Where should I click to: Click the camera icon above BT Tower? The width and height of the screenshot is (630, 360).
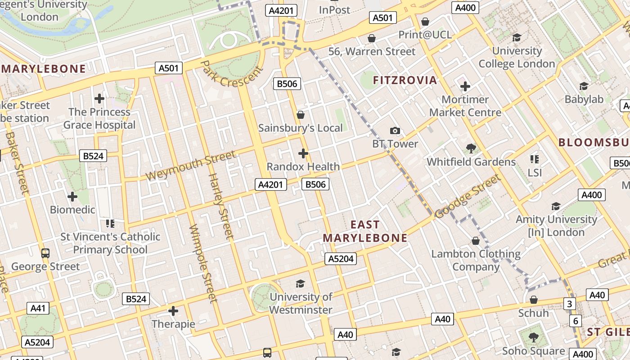tap(395, 130)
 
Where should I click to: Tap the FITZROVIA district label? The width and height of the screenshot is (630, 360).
tap(405, 81)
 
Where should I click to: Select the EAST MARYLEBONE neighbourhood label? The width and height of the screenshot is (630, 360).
tap(365, 231)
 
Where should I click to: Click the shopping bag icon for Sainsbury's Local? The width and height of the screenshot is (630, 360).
tap(301, 115)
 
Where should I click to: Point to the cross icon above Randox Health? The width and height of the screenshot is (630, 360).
tap(303, 153)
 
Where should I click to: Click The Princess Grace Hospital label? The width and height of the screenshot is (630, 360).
tap(99, 118)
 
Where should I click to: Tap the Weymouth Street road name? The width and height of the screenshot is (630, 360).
tap(190, 166)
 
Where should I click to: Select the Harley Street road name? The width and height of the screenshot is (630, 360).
tap(220, 205)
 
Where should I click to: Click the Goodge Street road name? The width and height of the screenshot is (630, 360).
tap(468, 196)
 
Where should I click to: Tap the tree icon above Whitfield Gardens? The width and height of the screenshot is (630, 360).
tap(471, 148)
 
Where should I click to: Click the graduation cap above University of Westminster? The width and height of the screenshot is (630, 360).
tap(300, 283)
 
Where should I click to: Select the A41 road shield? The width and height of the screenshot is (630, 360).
tap(38, 308)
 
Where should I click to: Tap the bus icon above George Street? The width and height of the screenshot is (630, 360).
tap(45, 253)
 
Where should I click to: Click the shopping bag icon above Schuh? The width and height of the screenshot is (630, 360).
tap(534, 300)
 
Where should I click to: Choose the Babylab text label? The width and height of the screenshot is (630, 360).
tap(584, 99)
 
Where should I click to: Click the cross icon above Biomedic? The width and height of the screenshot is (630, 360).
tap(72, 197)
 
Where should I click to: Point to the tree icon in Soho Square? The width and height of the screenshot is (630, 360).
tap(533, 337)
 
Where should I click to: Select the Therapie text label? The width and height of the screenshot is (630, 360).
tap(173, 324)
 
